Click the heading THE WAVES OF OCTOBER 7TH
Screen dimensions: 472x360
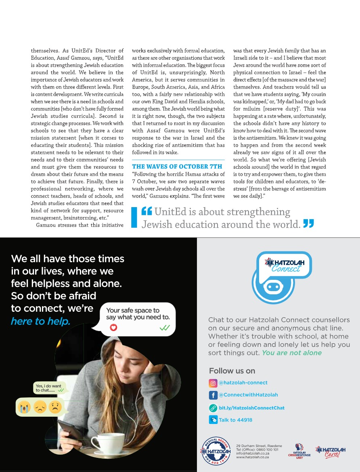coord(177,166)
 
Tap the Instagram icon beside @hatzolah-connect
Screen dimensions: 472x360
coord(213,383)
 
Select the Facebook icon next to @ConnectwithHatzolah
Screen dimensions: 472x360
coord(213,395)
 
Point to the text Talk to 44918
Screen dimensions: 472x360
coord(235,420)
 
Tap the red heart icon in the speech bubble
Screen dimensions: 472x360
coord(113,327)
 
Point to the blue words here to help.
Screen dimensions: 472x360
coord(40,321)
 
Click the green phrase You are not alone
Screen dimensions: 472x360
coord(292,352)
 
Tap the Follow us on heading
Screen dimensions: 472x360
coord(232,371)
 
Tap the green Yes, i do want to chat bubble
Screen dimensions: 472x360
coord(48,388)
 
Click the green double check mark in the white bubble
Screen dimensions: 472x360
coord(164,328)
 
